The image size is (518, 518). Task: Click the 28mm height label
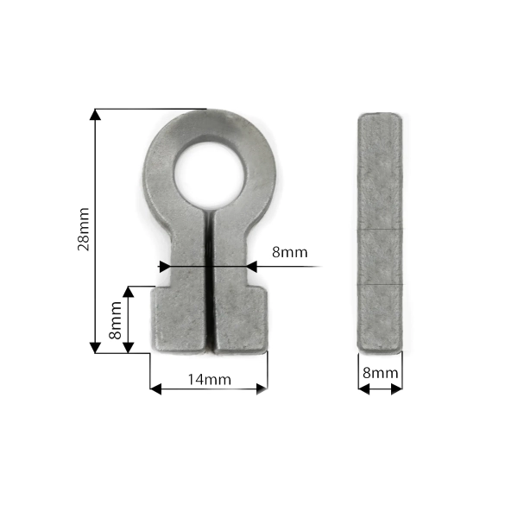pos(83,230)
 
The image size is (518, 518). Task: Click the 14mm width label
pos(210,380)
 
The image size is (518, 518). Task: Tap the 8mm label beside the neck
pos(290,252)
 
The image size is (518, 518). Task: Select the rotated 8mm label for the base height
pos(116,320)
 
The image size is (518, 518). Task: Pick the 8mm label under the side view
pos(380,373)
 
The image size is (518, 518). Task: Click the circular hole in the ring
pos(210,175)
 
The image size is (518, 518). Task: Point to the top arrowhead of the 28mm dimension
pos(95,114)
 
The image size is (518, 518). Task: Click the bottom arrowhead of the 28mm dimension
pos(95,348)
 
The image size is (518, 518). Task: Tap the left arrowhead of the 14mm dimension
pos(155,389)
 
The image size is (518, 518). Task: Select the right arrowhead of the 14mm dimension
pos(262,389)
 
